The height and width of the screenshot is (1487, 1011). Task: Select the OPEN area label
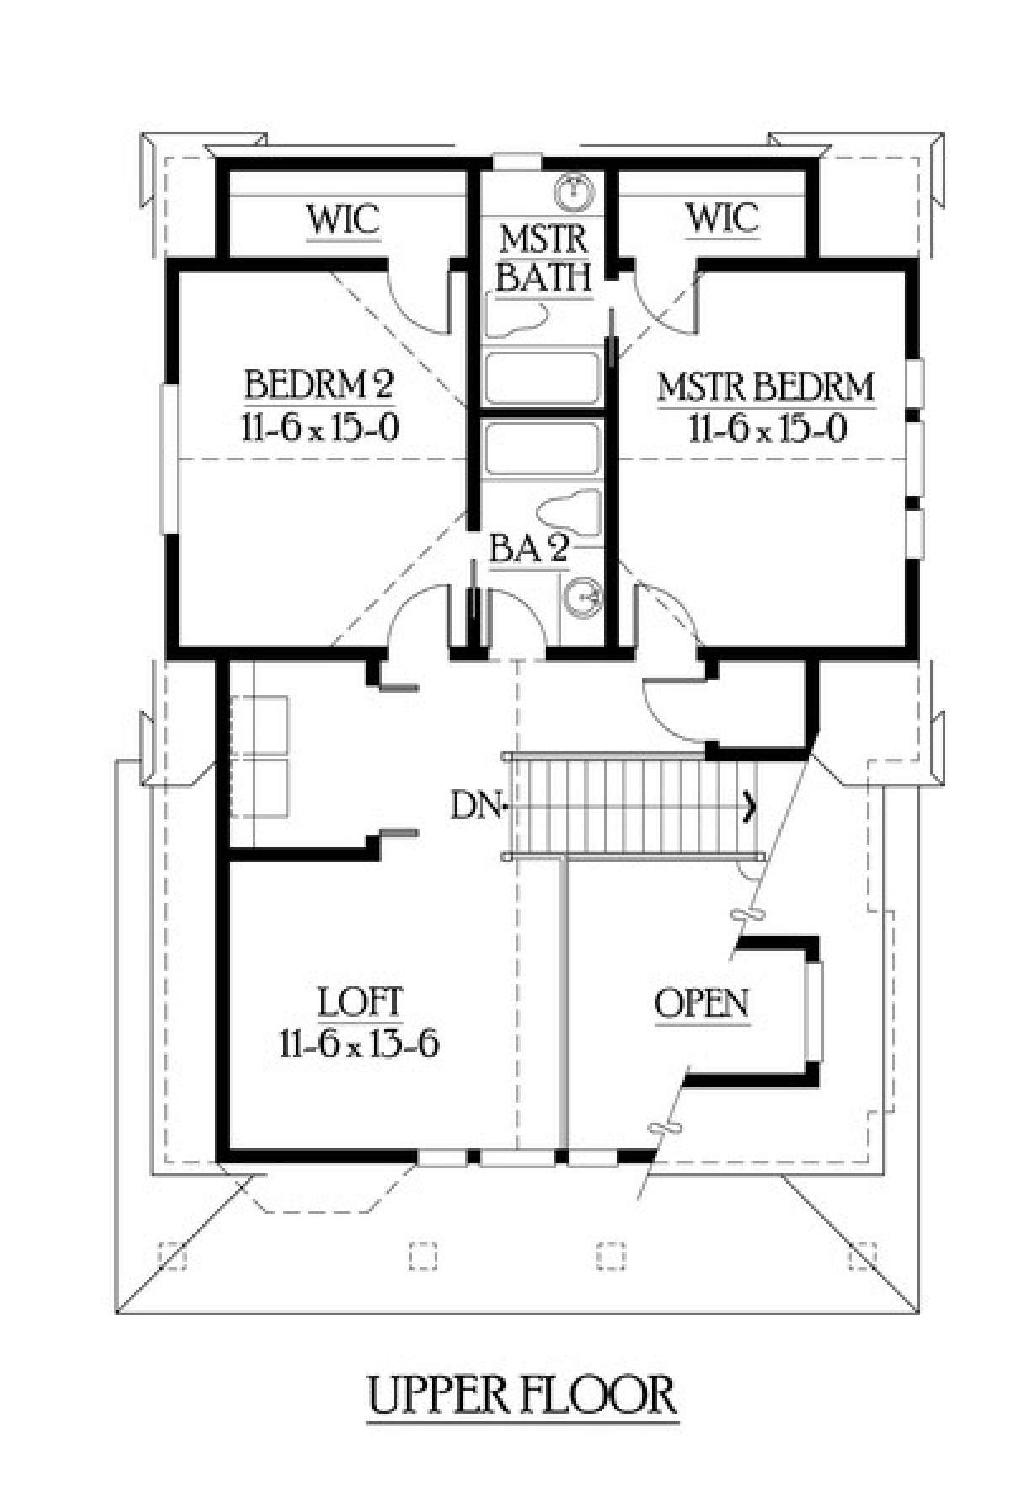(x=701, y=1003)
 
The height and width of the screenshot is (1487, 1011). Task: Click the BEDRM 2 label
(x=319, y=384)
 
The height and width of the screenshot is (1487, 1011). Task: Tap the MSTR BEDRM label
(x=766, y=387)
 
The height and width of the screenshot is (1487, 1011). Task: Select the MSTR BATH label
(x=543, y=258)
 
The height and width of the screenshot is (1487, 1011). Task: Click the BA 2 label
(x=529, y=550)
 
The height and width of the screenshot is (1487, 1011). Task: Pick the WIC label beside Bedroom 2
(x=343, y=219)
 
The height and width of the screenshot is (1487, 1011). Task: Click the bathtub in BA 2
(x=543, y=449)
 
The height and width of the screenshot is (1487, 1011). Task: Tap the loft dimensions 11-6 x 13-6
(x=360, y=1044)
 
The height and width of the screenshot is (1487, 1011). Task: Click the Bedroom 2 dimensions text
(x=320, y=428)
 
